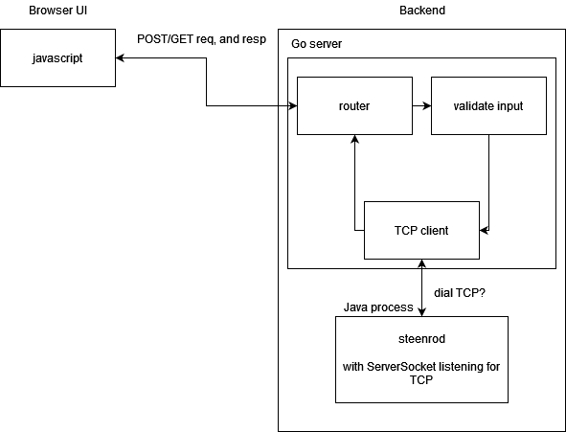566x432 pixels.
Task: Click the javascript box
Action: point(57,57)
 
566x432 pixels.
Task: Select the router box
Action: point(354,105)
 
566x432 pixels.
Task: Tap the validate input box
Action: point(488,105)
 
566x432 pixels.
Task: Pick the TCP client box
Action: point(421,230)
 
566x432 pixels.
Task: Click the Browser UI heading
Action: point(57,11)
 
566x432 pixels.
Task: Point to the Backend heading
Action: point(422,11)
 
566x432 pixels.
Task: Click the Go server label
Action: point(316,44)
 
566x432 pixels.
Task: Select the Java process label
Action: point(378,307)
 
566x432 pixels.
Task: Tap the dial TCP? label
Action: point(460,293)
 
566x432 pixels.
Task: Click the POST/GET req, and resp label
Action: point(201,39)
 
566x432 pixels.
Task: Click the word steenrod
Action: point(421,339)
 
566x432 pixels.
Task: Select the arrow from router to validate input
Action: point(421,105)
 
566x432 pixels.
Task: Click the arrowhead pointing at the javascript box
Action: point(120,57)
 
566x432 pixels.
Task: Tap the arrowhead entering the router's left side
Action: point(293,105)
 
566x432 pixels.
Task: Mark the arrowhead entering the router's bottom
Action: point(355,139)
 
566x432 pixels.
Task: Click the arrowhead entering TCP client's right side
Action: point(484,230)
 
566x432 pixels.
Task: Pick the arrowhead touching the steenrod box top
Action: point(421,312)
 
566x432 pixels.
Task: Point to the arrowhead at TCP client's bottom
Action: point(421,263)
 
